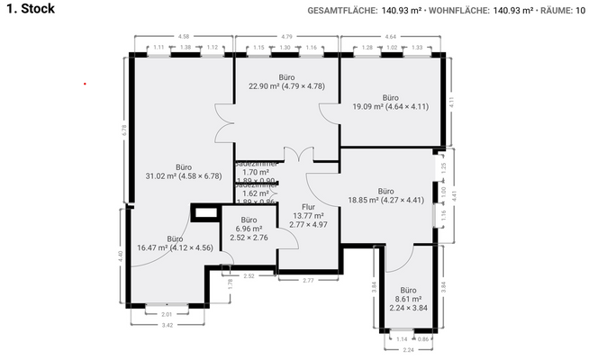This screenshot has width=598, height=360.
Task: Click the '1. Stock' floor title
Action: [30, 9]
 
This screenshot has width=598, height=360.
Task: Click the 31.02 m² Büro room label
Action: [183, 172]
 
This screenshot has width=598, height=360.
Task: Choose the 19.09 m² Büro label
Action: [390, 102]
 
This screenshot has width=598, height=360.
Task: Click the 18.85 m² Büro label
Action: [385, 196]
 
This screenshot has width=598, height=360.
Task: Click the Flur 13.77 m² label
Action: [308, 216]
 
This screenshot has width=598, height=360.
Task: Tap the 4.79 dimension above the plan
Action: [286, 37]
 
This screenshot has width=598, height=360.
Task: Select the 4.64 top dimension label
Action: [390, 37]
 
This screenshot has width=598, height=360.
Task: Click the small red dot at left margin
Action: [85, 84]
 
